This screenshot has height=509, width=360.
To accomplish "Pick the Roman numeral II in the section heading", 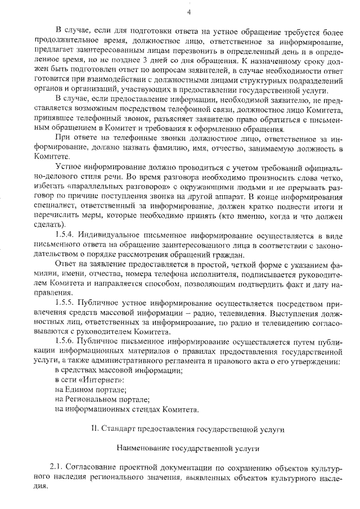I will [x=94, y=429].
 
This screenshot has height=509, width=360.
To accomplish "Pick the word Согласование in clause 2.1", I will [x=92, y=467].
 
